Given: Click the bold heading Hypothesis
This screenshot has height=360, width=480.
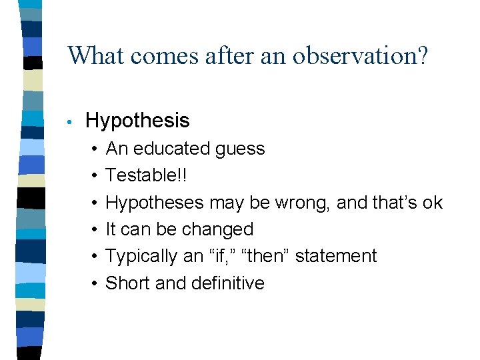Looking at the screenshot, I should [x=137, y=121].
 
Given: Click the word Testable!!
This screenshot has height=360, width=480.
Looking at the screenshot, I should [x=147, y=175].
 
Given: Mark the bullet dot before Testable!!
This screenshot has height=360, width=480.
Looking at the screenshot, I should [x=96, y=176].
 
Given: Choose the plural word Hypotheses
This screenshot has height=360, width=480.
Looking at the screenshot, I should [x=155, y=203].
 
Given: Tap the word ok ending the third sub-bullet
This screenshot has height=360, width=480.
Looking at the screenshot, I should [x=432, y=203].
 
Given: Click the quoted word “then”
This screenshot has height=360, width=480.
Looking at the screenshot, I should [x=262, y=256].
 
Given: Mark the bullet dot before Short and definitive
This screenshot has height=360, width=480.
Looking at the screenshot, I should [x=96, y=283].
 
